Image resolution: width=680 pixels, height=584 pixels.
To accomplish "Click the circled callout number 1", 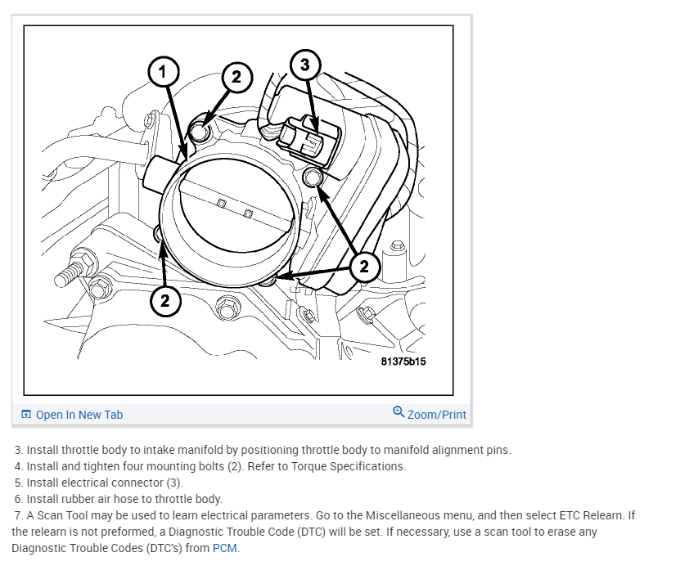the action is (162, 73).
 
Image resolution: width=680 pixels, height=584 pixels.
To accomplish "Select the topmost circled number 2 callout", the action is (236, 78).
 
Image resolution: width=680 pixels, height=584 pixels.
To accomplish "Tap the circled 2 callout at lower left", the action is (164, 300).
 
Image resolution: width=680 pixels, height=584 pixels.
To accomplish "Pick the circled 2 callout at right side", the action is (364, 265).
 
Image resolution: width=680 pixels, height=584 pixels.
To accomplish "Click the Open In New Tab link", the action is (79, 415).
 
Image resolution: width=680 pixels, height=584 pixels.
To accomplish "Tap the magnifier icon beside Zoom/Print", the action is (399, 412).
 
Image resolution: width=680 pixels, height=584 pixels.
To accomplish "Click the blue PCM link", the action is (225, 548).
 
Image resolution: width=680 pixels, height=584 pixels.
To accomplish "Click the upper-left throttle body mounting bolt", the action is (200, 130).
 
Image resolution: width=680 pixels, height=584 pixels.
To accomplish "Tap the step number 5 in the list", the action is (18, 483).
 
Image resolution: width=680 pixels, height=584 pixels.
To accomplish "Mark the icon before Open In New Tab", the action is (26, 415).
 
